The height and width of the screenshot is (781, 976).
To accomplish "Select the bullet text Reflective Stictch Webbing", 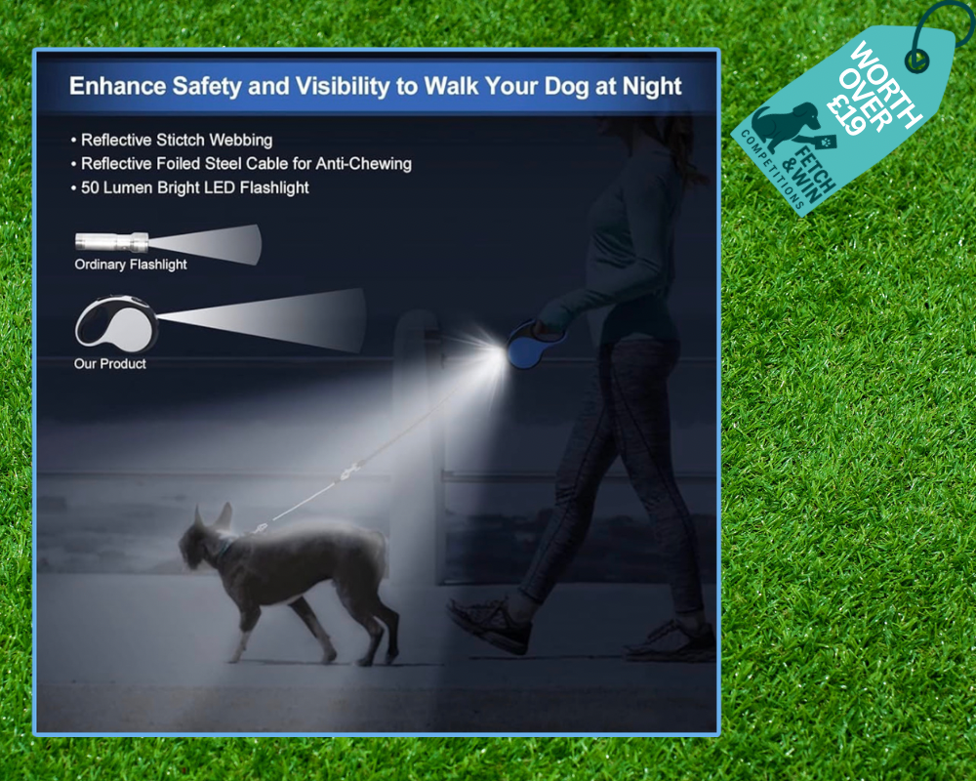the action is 177,141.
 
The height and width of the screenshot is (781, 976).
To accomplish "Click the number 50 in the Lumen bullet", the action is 90,187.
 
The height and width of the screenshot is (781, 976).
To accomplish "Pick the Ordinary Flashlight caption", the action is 131,264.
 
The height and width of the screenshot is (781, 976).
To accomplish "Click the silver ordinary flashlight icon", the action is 112,241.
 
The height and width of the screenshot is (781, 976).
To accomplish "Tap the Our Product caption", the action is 110,364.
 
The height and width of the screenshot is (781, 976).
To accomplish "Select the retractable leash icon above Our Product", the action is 117,321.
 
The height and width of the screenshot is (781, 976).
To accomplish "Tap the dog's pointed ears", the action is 213,516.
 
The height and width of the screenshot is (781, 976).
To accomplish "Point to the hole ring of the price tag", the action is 916,61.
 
